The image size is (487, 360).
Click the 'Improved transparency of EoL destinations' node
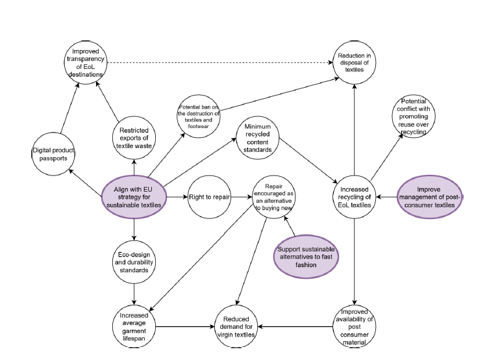coord(88,63)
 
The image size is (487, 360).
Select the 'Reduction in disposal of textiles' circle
coord(355,63)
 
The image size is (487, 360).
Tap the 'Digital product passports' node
coord(54,155)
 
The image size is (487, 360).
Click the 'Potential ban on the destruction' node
coord(198,115)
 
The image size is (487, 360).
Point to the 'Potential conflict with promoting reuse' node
coord(413,117)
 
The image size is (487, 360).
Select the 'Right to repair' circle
coord(209,196)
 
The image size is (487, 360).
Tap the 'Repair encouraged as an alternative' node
coord(277,196)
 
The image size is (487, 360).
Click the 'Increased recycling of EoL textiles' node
coord(355,196)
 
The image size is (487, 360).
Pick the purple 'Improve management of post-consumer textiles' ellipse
coord(430,195)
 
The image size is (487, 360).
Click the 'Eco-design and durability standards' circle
coord(133,260)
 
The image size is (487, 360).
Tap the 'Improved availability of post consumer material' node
coord(355,326)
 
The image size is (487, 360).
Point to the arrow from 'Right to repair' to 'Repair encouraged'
coord(241,196)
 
